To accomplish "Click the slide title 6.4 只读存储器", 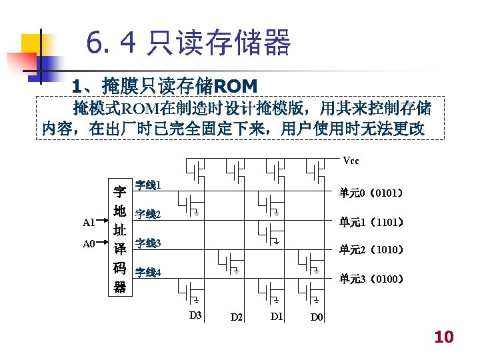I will click(x=189, y=44).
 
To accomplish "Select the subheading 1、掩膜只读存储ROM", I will click(x=165, y=86).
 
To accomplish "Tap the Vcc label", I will click(x=351, y=161).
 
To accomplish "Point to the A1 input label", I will click(x=89, y=222).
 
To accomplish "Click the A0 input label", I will click(x=89, y=244).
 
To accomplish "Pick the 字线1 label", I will click(x=147, y=184).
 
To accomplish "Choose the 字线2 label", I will click(x=147, y=214).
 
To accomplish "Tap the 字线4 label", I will click(x=147, y=272).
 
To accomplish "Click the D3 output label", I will click(x=195, y=315).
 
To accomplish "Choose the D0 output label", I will click(x=317, y=317).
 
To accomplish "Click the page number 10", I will click(x=443, y=337).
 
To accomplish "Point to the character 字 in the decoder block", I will click(x=120, y=192).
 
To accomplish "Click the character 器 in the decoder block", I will click(x=120, y=287).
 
